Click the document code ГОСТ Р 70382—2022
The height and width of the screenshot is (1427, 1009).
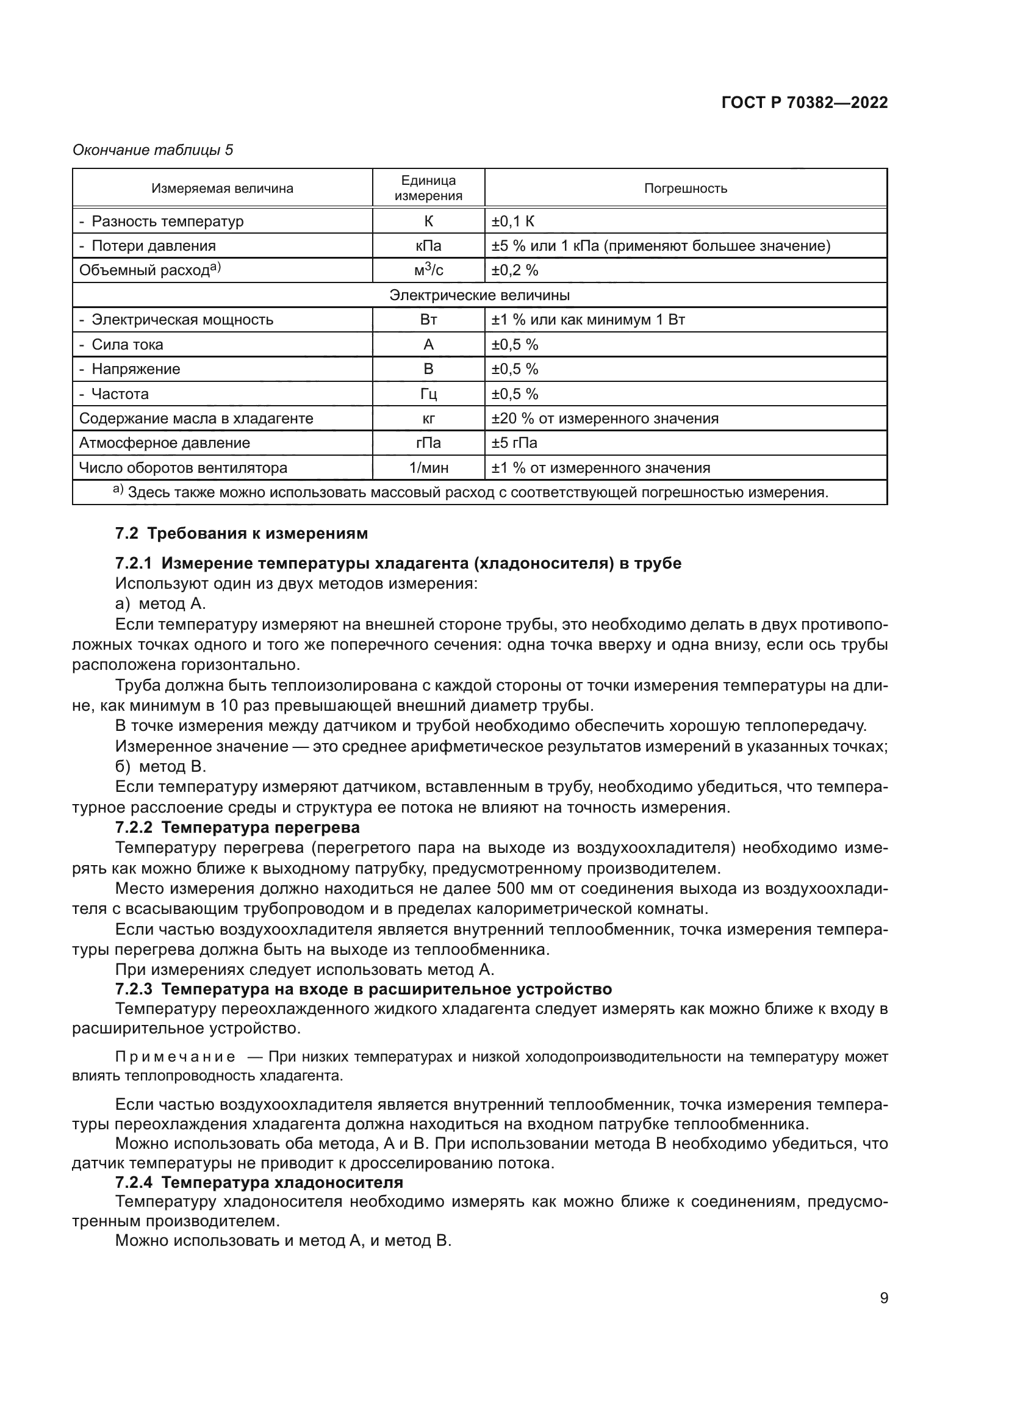point(805,102)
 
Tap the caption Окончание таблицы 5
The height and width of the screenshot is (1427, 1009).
point(153,150)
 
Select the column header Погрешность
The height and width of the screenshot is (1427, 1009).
point(685,189)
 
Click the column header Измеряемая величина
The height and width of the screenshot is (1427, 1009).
point(223,189)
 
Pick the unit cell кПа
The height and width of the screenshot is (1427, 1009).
point(428,245)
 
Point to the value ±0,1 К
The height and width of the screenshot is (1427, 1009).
point(513,221)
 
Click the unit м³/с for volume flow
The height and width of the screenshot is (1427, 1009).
point(428,270)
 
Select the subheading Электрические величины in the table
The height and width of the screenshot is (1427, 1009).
point(479,295)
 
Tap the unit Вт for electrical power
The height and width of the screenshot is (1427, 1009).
point(428,320)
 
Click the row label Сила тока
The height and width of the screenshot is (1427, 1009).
point(127,344)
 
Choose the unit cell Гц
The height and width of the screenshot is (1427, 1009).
point(428,394)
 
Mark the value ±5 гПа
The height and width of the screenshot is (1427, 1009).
point(514,443)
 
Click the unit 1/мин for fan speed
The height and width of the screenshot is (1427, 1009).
point(428,468)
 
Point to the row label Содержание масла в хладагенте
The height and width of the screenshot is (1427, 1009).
point(196,419)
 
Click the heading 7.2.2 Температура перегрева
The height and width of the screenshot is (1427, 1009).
point(237,827)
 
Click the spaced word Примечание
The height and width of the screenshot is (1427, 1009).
point(175,1057)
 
